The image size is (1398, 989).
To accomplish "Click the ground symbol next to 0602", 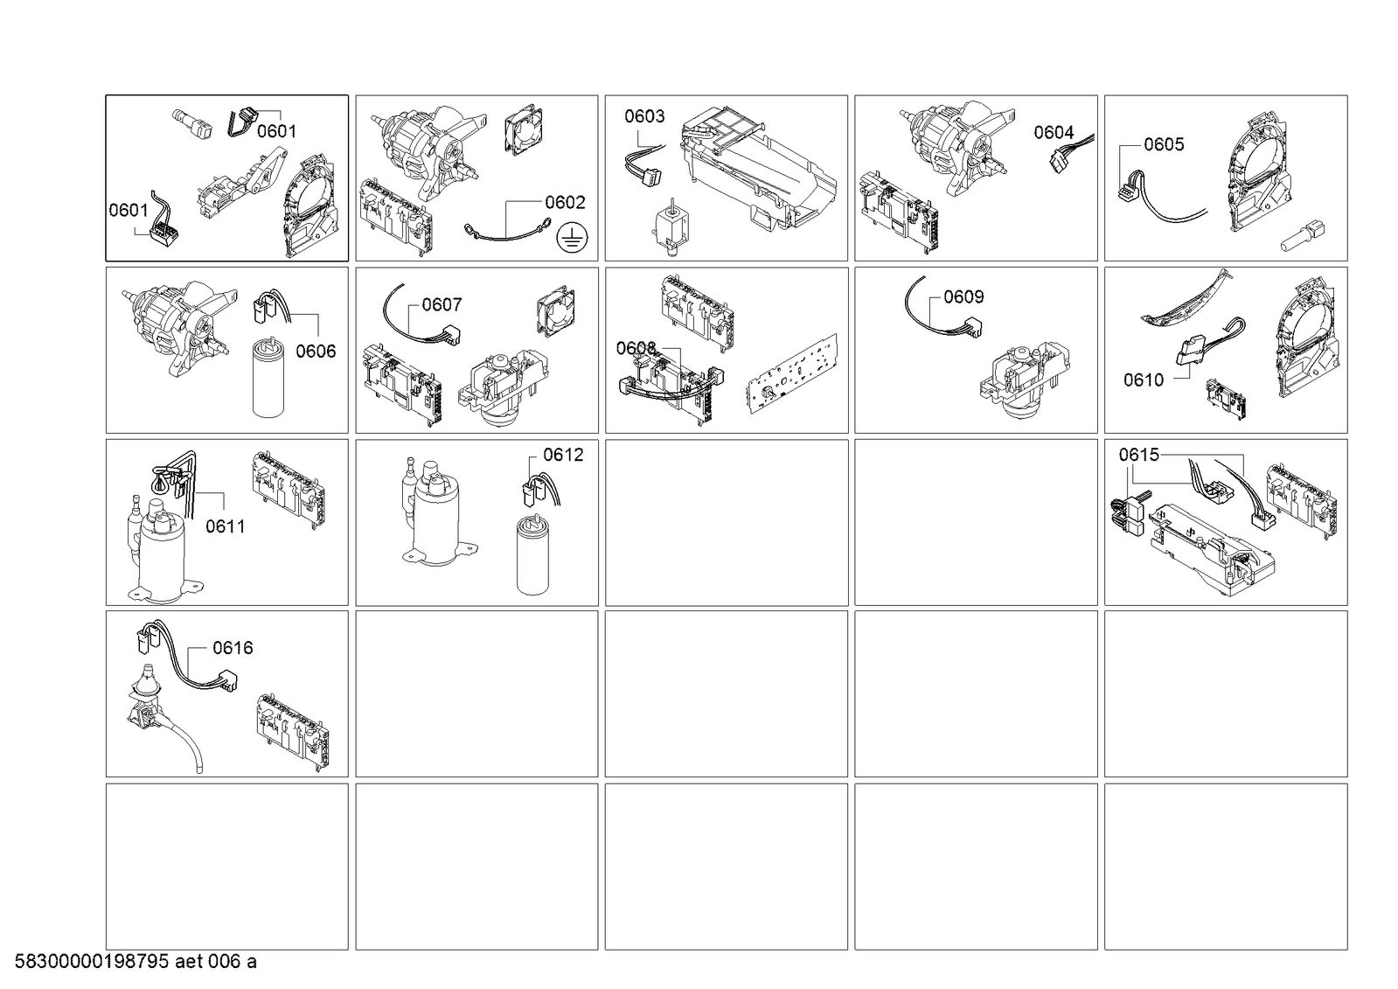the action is tap(572, 238).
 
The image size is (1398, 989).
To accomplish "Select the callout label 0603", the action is tap(644, 116).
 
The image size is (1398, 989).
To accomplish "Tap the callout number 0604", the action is tap(1054, 132).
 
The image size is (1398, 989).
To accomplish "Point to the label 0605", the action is tap(1164, 144).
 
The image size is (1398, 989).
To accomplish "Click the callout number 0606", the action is tap(316, 352).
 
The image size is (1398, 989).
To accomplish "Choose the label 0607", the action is tap(442, 304).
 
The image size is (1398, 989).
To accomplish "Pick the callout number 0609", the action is tap(963, 296).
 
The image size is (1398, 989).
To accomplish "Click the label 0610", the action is tap(1144, 380).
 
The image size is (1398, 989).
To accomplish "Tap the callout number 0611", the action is tap(226, 526).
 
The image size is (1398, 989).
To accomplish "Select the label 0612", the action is tap(564, 455).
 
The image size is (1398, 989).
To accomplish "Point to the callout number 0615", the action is tap(1139, 455).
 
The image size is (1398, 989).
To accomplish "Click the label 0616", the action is tap(233, 648).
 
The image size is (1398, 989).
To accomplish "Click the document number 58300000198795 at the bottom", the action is tap(92, 962).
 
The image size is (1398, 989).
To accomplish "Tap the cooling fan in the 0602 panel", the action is tap(523, 129).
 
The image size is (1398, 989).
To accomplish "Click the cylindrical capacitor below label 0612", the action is tap(533, 554).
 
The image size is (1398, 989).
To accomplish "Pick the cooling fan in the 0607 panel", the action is tap(556, 311).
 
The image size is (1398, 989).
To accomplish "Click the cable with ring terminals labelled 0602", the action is tap(507, 232).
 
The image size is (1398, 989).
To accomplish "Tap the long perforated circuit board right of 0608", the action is tap(793, 374).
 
